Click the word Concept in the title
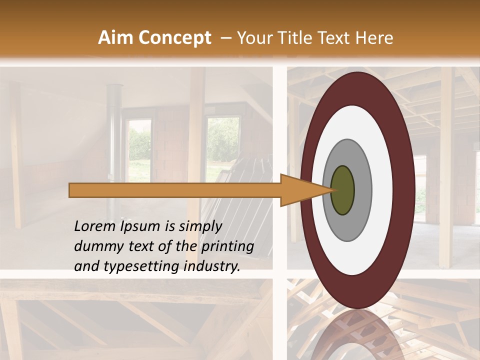[x=174, y=38]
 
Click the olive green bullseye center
[x=342, y=190]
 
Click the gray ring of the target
[x=362, y=190]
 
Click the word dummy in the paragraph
[x=94, y=246]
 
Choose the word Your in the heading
[x=253, y=38]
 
